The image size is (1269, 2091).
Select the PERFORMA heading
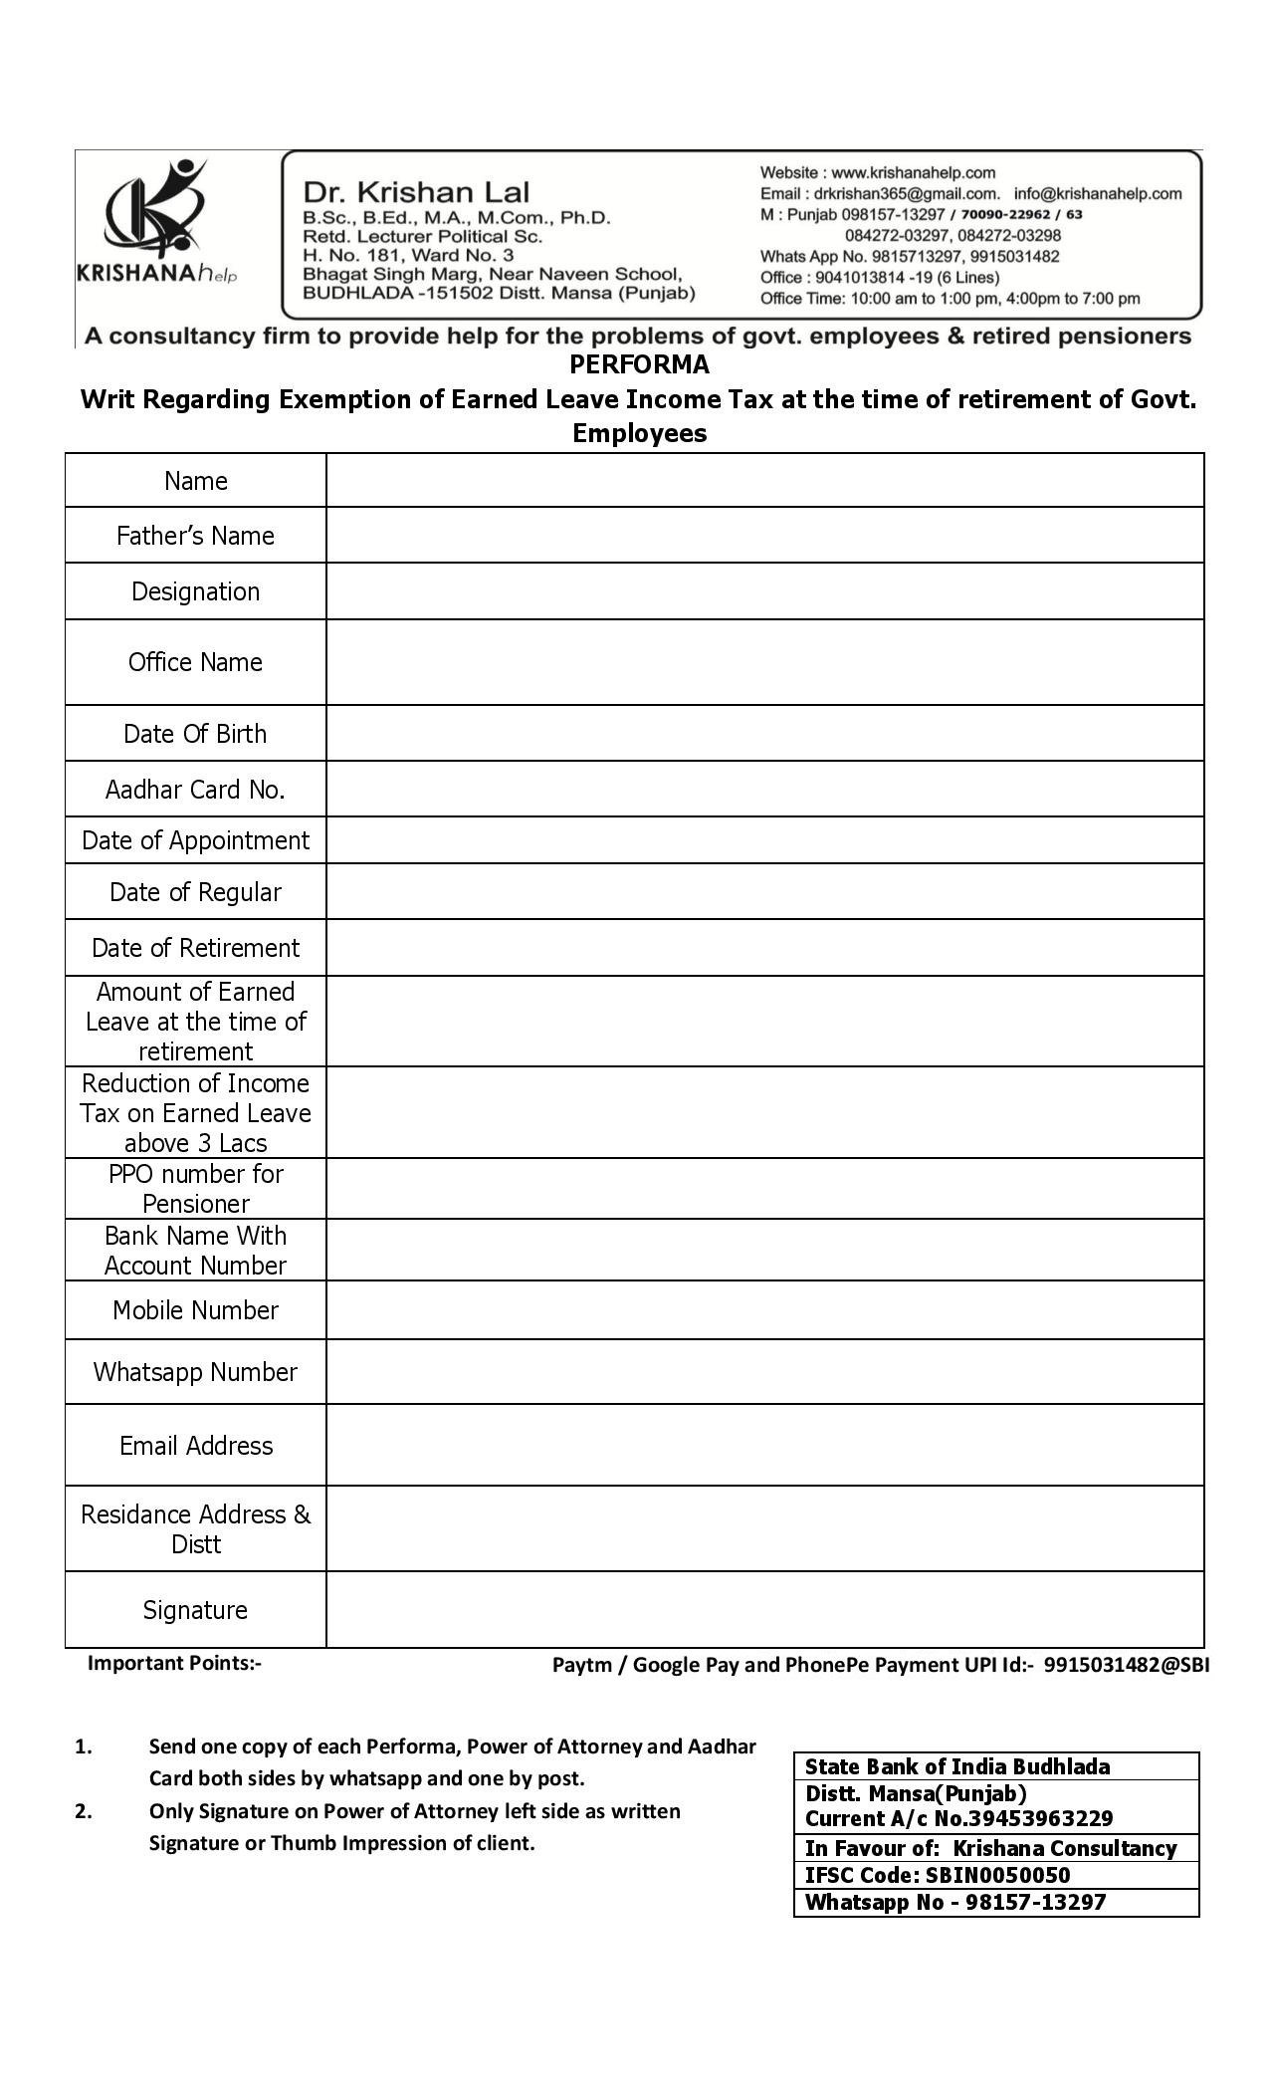click(639, 364)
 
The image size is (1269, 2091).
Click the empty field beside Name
click(764, 481)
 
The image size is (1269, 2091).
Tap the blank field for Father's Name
click(764, 536)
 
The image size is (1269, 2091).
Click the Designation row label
click(195, 591)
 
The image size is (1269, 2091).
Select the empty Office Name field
click(764, 662)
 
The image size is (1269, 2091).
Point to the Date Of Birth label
click(195, 734)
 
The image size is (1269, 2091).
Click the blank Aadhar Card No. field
click(764, 790)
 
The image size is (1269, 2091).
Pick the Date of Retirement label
click(195, 948)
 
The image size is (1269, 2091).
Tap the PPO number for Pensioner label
click(195, 1188)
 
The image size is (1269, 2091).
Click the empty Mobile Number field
click(764, 1310)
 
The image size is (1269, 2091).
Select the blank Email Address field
click(764, 1446)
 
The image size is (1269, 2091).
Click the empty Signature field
click(764, 1610)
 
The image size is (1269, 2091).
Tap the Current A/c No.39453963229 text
click(958, 1818)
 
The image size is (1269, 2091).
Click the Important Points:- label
click(174, 1662)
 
